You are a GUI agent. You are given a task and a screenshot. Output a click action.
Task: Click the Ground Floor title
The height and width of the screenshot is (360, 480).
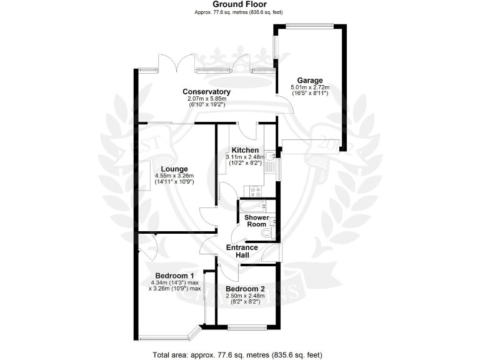(x=240, y=4)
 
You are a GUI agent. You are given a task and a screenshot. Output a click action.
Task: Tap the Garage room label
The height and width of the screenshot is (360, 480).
(x=310, y=81)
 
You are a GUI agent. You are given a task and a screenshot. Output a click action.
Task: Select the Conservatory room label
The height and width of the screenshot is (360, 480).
(x=206, y=92)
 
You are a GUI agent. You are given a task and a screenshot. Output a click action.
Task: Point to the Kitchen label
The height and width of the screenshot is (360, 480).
(x=245, y=150)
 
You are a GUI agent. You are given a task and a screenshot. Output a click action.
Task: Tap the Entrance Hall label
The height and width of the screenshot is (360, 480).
(x=242, y=251)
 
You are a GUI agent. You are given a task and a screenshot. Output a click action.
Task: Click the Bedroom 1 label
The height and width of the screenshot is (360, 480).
(x=174, y=276)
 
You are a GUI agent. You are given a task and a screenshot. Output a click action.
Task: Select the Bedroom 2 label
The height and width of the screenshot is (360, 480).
(x=246, y=289)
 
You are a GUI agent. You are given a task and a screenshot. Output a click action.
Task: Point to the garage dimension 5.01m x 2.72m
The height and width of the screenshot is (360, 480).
(x=310, y=87)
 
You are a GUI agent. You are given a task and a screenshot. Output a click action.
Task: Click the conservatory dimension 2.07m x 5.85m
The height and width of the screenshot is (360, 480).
(x=206, y=99)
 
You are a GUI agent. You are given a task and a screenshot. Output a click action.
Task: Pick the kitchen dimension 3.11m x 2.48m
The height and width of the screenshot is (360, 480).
(x=245, y=157)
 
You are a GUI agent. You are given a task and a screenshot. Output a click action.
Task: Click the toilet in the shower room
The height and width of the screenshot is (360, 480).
(x=267, y=232)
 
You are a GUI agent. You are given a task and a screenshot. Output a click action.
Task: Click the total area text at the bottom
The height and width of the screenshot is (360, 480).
(x=240, y=354)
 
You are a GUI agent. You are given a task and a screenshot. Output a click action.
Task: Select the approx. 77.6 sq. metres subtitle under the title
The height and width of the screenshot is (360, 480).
(x=240, y=12)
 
